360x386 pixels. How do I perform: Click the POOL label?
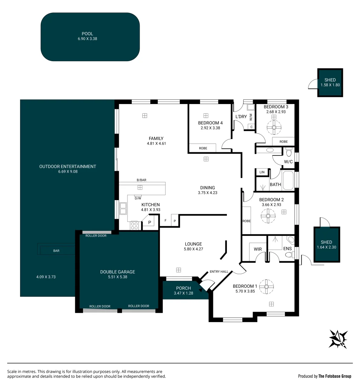click(x=87, y=34)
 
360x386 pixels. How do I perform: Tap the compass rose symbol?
click(x=338, y=339)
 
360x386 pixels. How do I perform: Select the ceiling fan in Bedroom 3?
click(x=274, y=127)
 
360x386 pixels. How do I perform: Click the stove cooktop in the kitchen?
click(x=135, y=226)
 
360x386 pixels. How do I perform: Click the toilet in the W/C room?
click(x=289, y=152)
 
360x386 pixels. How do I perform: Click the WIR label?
click(x=258, y=248)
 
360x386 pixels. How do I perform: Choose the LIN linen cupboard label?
click(x=262, y=172)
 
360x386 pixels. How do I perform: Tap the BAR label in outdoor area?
click(x=56, y=251)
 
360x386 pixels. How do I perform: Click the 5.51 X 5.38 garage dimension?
click(x=117, y=277)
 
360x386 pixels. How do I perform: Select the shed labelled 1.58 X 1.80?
click(x=330, y=83)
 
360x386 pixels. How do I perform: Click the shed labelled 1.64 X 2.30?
click(x=326, y=245)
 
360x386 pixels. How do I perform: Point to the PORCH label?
click(x=184, y=288)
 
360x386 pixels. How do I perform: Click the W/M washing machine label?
click(x=251, y=117)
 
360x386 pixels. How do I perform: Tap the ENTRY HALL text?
click(x=219, y=272)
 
